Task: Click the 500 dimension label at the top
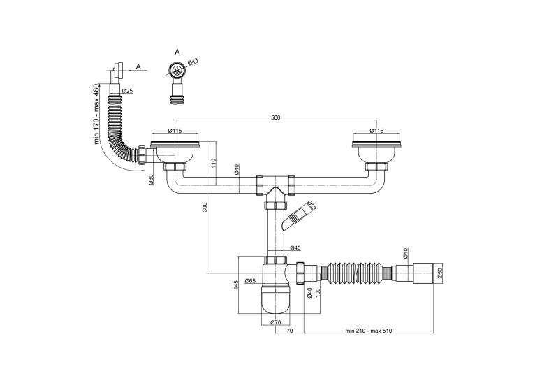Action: pos(276,117)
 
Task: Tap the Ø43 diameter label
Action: pos(193,62)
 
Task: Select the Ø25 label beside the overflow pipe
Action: pos(127,91)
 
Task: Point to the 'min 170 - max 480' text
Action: pos(96,114)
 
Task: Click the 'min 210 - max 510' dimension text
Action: pos(369,331)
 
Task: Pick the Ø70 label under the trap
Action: pos(275,322)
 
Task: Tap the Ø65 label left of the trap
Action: pos(251,281)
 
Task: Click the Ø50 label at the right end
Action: pos(440,273)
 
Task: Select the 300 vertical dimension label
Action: pos(205,207)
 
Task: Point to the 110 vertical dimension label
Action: pos(214,162)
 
